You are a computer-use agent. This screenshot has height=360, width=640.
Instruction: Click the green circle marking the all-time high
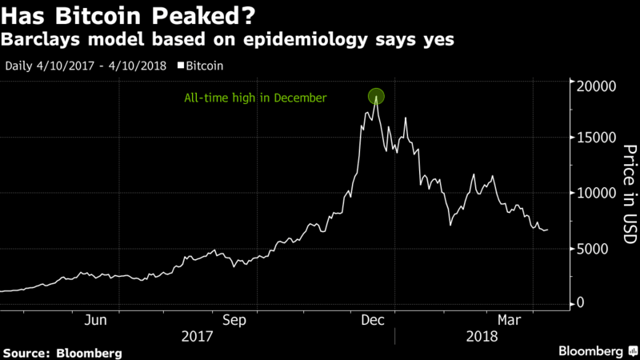coord(377,97)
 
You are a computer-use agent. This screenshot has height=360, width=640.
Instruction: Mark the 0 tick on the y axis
coord(581,303)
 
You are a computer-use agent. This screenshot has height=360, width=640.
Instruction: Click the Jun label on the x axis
coord(96,319)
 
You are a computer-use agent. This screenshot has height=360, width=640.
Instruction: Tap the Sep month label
coord(234,319)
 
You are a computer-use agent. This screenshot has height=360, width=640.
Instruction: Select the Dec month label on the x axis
coord(372,319)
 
